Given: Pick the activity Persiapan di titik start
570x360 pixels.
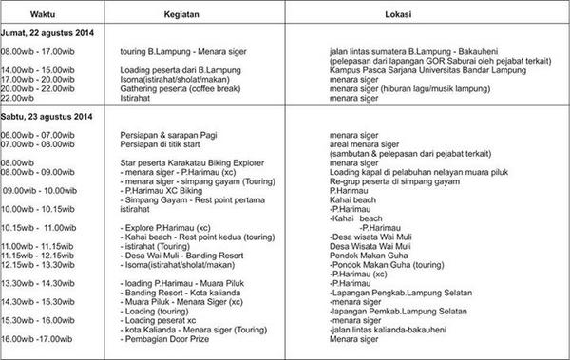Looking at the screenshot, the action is tap(167, 144).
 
